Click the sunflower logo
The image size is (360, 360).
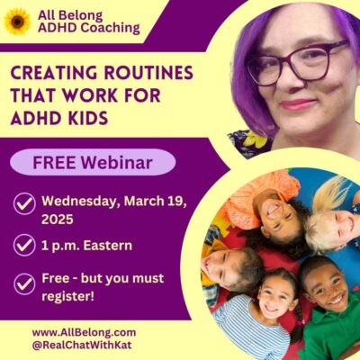17,22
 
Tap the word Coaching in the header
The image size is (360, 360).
110,28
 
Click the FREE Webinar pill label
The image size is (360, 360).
93,162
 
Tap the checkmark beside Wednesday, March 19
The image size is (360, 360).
24,203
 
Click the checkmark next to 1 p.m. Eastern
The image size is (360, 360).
24,245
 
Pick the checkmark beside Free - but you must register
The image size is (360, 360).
24,283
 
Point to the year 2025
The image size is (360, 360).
58,220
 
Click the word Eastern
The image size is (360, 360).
108,246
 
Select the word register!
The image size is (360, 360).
67,297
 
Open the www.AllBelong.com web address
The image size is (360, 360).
84,332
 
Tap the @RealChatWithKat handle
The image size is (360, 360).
82,345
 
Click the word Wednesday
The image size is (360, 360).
78,202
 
